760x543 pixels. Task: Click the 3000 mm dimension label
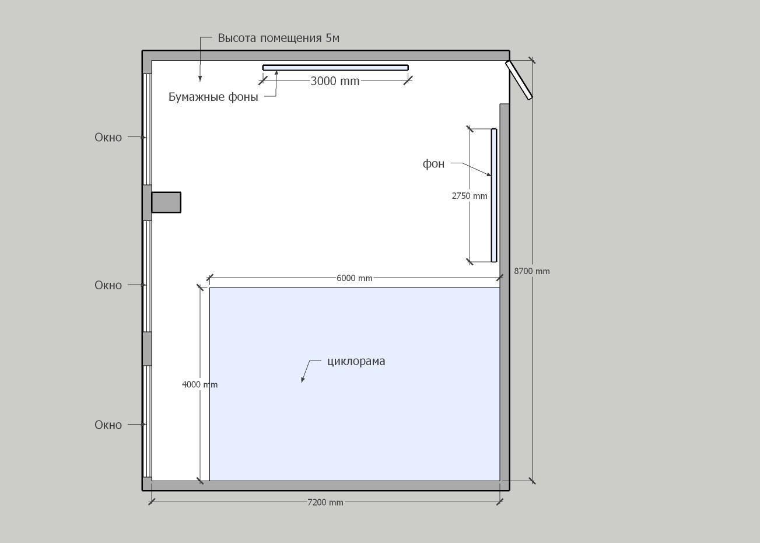point(335,81)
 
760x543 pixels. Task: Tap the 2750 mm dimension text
point(470,196)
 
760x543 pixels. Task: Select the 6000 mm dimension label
point(355,278)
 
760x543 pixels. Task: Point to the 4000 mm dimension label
point(199,384)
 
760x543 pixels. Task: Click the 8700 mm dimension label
point(532,271)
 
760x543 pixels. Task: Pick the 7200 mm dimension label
point(325,502)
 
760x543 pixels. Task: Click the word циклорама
point(356,361)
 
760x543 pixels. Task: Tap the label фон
point(433,164)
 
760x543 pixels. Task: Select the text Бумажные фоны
point(213,97)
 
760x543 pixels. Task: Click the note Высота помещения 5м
point(278,38)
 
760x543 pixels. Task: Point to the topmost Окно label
point(108,137)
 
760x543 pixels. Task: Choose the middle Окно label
point(108,285)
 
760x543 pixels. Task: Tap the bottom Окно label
point(108,425)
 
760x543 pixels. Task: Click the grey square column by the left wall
point(166,202)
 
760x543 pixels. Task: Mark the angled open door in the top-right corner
point(519,79)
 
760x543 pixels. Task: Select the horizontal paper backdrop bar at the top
point(335,68)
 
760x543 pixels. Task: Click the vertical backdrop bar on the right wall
point(494,195)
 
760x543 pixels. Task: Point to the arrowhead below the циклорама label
point(303,379)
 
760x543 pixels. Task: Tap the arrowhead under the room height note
point(200,78)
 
